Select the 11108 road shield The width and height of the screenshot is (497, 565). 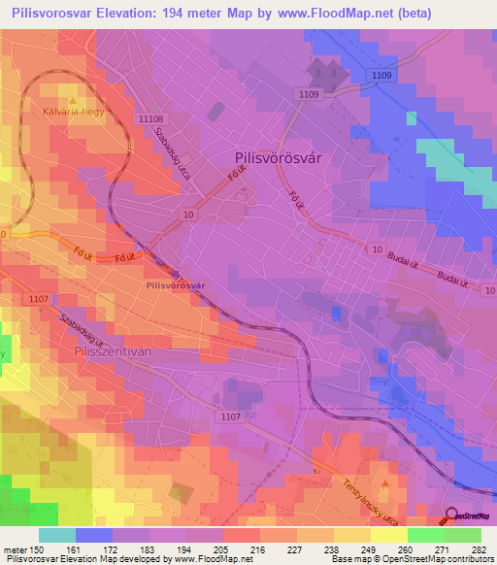coord(151,117)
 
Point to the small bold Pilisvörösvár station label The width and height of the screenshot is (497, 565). coord(174,285)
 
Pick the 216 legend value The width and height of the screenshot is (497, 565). coord(259,548)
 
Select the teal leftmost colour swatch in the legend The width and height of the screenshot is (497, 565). coord(57,535)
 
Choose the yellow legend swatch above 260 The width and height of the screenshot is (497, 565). coord(388,535)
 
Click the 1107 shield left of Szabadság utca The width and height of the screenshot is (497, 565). coord(39,299)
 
